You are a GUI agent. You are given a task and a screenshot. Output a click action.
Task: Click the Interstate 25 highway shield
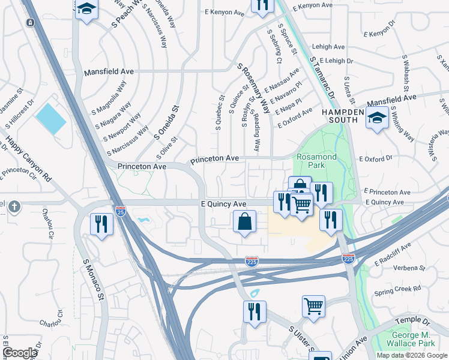(x=120, y=212)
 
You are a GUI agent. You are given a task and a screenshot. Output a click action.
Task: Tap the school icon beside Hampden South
(x=376, y=119)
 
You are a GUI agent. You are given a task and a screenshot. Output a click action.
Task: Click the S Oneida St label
(x=166, y=123)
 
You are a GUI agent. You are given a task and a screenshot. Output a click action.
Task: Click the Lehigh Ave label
(x=328, y=46)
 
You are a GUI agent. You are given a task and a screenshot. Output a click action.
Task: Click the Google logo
(x=20, y=353)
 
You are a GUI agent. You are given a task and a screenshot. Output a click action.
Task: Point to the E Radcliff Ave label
(x=393, y=254)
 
